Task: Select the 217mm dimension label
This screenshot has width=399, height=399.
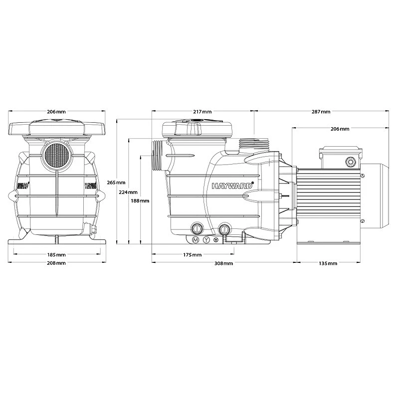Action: click(202, 112)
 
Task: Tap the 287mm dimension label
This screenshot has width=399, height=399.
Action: click(321, 112)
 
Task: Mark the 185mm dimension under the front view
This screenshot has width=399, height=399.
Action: click(56, 254)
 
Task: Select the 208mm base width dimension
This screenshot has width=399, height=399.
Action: click(56, 263)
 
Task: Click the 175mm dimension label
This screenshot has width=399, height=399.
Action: click(193, 254)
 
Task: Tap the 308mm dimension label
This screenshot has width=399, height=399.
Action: click(224, 263)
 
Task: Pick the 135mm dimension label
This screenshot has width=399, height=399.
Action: click(328, 263)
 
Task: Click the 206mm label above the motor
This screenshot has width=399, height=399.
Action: click(340, 129)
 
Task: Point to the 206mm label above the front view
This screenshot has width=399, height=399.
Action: click(56, 112)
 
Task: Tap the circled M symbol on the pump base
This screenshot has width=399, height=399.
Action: click(196, 240)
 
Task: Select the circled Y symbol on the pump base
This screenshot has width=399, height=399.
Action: click(206, 240)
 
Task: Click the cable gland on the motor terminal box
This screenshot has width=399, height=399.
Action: click(349, 161)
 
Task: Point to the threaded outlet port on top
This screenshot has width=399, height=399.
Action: click(254, 143)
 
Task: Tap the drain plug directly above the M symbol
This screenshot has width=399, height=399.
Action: click(196, 229)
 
